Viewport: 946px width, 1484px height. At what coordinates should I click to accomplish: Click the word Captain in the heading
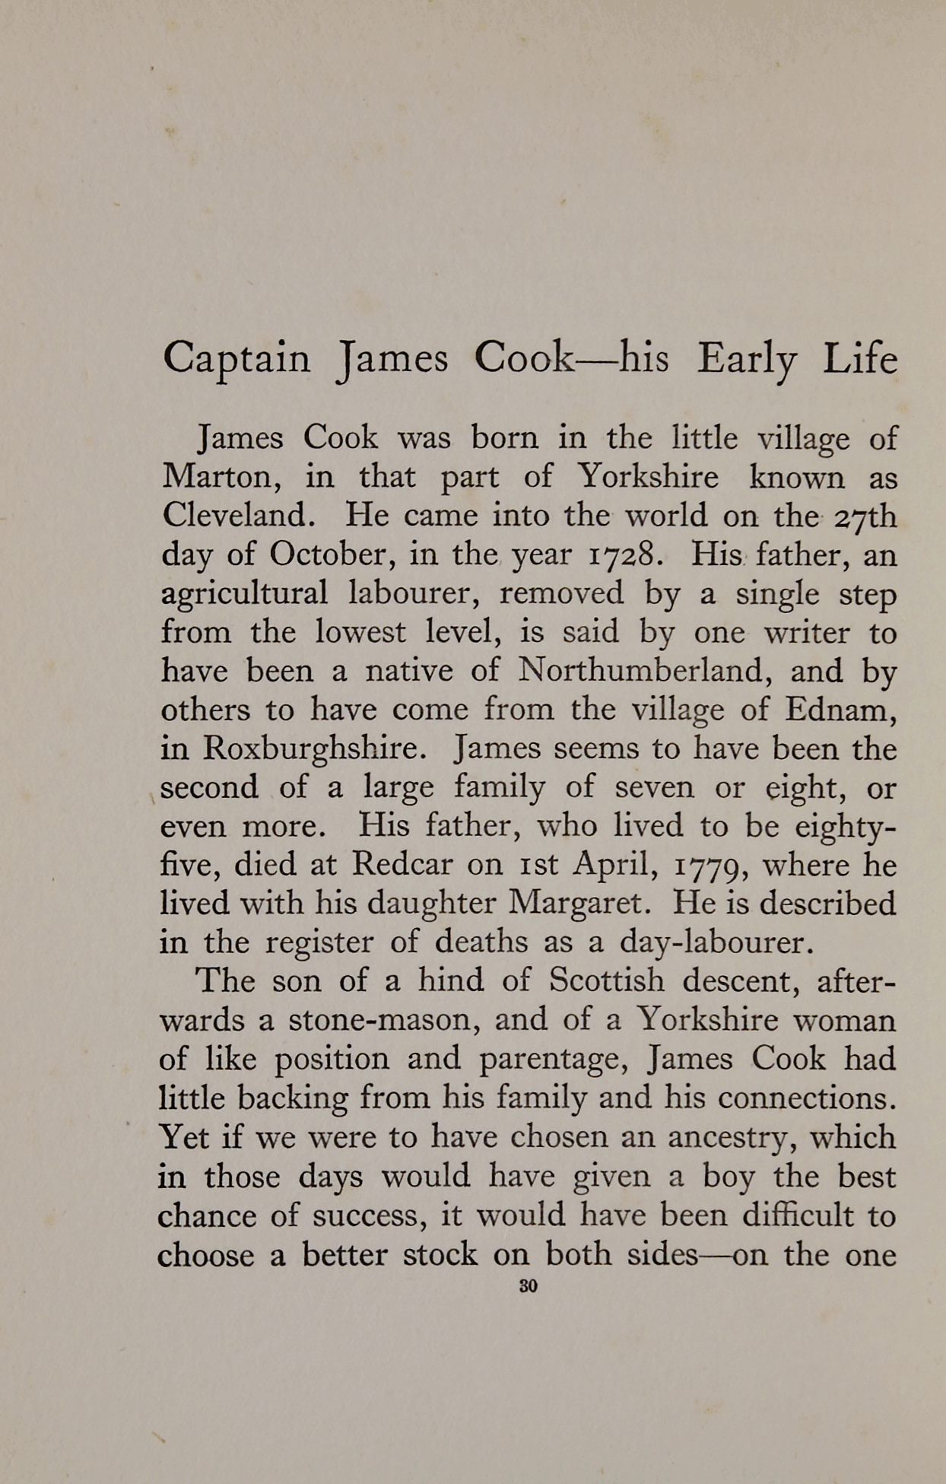coord(236,358)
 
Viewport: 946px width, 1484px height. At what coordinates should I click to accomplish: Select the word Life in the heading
coord(860,358)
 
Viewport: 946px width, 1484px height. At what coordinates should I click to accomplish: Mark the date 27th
coord(865,516)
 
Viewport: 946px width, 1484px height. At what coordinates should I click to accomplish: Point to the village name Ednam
coord(840,710)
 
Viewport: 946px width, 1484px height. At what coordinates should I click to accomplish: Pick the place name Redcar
coord(402,864)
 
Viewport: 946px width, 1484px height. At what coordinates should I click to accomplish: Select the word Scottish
coord(606,980)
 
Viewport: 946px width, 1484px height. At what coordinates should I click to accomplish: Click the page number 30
coord(528,1286)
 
